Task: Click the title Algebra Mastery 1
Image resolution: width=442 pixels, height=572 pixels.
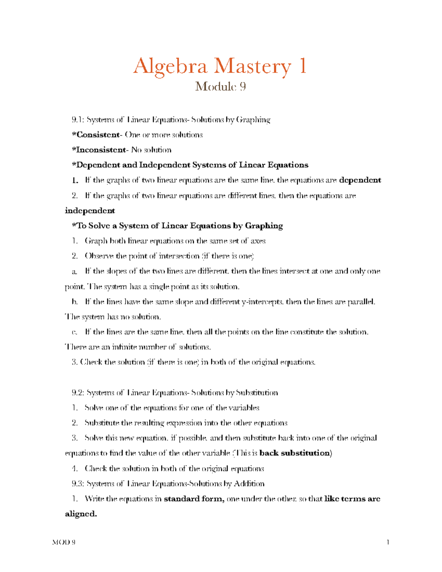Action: pos(220,66)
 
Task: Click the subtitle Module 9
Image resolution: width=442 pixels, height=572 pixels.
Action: pos(220,87)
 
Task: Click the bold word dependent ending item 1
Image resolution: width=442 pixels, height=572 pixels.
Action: pos(360,180)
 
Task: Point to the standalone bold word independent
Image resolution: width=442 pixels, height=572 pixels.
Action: pos(90,211)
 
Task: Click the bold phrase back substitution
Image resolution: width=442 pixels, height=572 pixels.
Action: pos(294,453)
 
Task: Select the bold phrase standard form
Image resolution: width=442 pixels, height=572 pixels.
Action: pos(194,499)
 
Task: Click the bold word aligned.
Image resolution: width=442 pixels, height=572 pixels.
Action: pos(81,514)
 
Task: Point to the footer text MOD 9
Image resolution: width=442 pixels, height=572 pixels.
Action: pos(64,542)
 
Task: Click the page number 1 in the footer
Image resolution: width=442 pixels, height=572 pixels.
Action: pos(387,542)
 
